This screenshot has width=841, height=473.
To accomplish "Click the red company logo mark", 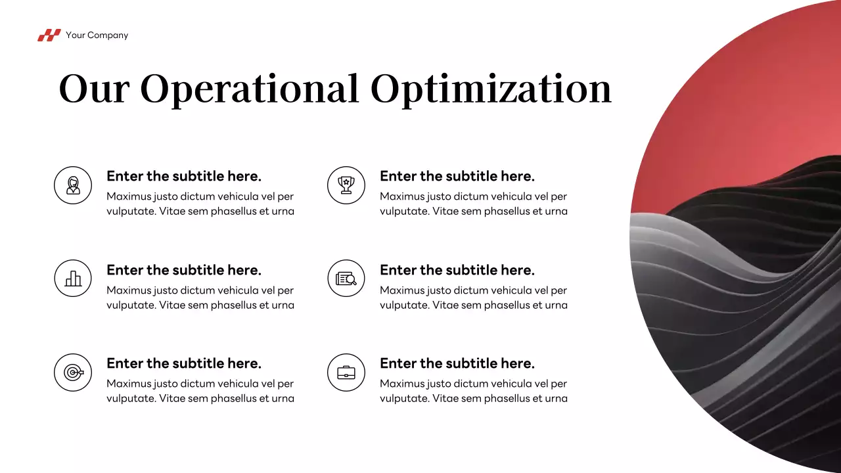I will pyautogui.click(x=49, y=35).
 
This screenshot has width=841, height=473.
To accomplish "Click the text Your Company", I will pyautogui.click(x=97, y=35).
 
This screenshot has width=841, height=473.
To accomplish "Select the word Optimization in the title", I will pyautogui.click(x=491, y=89).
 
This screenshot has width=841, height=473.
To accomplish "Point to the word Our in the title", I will pyautogui.click(x=94, y=89).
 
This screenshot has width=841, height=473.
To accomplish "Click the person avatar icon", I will pyautogui.click(x=73, y=185).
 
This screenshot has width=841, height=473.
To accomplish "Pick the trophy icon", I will pyautogui.click(x=346, y=185).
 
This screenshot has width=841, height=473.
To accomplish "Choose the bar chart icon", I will pyautogui.click(x=73, y=279).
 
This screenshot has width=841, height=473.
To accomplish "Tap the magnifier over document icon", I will pyautogui.click(x=346, y=279).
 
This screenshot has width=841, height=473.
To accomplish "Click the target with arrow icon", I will pyautogui.click(x=73, y=372).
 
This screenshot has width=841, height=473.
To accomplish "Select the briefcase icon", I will pyautogui.click(x=346, y=372).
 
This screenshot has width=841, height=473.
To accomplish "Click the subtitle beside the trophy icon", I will pyautogui.click(x=457, y=176).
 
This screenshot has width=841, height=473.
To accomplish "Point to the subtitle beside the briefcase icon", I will pyautogui.click(x=457, y=363).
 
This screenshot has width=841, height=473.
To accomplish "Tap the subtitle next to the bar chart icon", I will pyautogui.click(x=184, y=270).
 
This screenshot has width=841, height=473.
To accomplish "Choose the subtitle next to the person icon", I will pyautogui.click(x=184, y=176).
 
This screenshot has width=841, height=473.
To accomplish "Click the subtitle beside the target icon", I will pyautogui.click(x=184, y=363).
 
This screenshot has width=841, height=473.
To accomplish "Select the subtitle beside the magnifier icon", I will pyautogui.click(x=457, y=270).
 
